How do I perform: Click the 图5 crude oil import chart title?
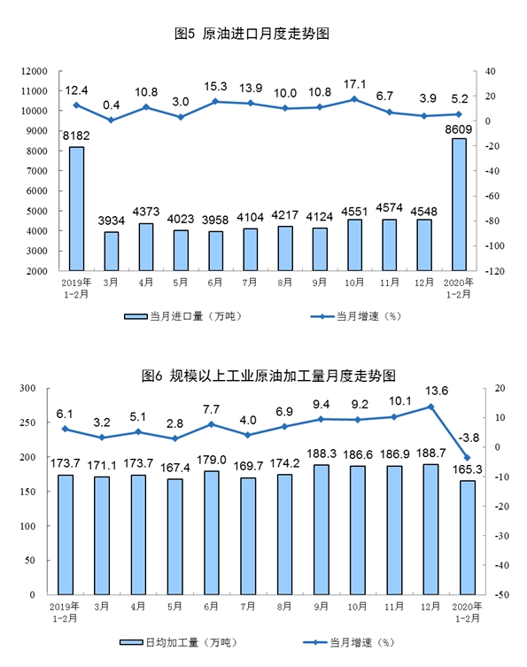[252, 34]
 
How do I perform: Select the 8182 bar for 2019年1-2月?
[76, 208]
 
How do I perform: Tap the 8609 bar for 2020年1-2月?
[459, 205]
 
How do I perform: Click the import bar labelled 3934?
[112, 251]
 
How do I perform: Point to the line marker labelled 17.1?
[354, 99]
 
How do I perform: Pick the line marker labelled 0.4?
[111, 120]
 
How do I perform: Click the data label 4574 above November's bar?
[389, 207]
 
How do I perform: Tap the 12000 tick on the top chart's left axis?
[34, 71]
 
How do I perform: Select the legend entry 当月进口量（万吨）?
[182, 316]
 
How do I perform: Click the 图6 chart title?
[268, 376]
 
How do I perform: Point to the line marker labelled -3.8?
[467, 458]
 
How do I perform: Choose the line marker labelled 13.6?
[430, 407]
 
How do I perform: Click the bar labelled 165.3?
[467, 538]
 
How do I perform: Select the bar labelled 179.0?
[212, 533]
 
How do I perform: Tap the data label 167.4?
[174, 468]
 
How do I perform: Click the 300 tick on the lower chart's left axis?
[27, 388]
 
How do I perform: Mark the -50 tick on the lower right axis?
[502, 594]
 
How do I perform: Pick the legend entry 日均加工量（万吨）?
[178, 642]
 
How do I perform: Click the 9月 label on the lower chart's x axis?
[321, 606]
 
